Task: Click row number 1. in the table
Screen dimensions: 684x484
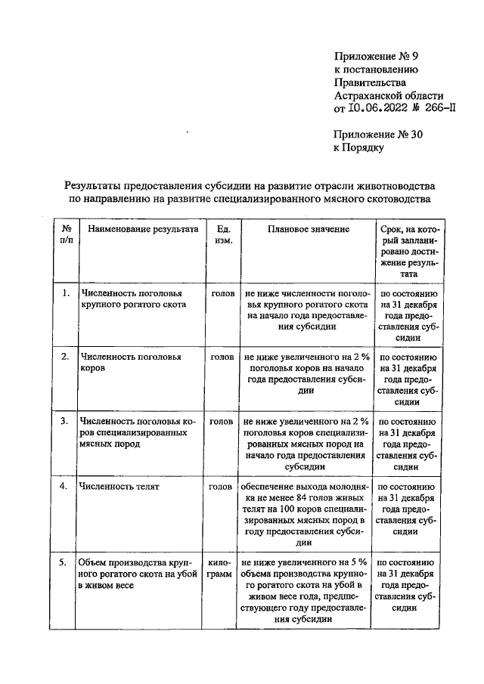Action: [66, 292]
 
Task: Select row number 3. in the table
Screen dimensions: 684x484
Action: [66, 420]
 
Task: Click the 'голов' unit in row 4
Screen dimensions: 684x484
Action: [221, 487]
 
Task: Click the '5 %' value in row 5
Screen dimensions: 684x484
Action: [358, 562]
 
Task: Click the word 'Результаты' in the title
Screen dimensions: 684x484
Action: [96, 185]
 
